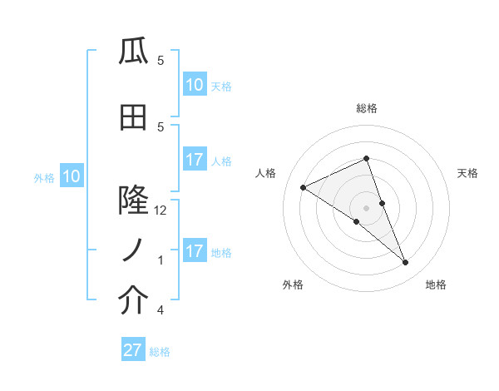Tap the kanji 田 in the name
(133, 118)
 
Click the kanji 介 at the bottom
(133, 301)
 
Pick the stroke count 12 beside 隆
(161, 210)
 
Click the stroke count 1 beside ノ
(161, 260)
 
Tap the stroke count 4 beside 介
(161, 310)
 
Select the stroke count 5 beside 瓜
(161, 61)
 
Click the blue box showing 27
(133, 350)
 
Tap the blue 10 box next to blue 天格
(195, 85)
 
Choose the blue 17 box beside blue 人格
(195, 160)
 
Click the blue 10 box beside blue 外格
(72, 176)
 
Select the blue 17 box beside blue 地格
(195, 251)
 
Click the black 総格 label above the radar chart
(367, 108)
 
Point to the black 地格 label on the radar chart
(436, 285)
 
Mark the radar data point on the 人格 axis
(304, 188)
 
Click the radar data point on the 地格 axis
(406, 263)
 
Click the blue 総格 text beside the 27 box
(160, 352)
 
